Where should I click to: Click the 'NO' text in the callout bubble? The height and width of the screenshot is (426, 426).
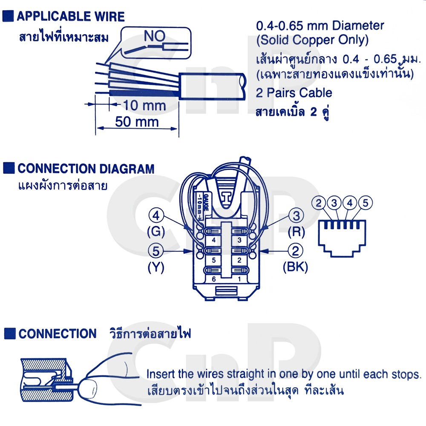point(155,36)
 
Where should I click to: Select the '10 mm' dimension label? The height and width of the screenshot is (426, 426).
point(144,105)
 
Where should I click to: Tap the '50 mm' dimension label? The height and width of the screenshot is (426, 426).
point(137,122)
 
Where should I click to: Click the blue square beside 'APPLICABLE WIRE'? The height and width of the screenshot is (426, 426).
point(8,16)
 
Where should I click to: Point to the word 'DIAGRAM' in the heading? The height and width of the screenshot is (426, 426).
point(127,169)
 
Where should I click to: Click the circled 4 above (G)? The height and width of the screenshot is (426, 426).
point(156,216)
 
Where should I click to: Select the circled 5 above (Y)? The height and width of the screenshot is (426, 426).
point(155,251)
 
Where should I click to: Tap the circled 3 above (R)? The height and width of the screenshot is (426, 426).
point(296,216)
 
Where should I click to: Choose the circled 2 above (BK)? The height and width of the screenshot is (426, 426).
point(295,251)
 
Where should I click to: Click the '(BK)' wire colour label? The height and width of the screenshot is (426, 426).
point(295,267)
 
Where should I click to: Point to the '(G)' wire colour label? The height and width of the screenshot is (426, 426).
point(156,232)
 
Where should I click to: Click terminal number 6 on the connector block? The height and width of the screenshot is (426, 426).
point(214,279)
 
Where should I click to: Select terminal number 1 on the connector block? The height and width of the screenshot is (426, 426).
point(239,279)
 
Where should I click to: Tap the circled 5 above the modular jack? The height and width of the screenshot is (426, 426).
point(366,203)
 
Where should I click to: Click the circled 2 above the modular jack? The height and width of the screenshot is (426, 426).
point(319,203)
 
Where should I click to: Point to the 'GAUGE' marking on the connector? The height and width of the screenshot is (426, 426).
point(206,202)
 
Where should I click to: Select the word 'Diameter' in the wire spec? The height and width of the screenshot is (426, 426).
point(358,26)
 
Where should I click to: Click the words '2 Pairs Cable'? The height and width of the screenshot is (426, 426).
point(294,93)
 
